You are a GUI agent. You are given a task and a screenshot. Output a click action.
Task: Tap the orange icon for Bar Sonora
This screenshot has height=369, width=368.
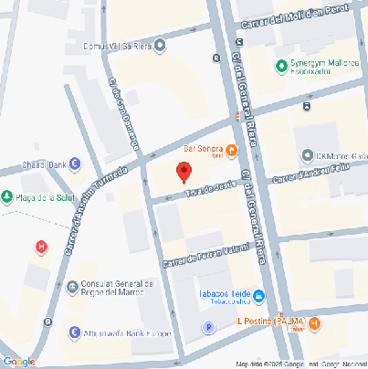(232, 151)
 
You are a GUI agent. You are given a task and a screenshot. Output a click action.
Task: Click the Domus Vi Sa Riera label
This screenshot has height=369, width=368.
(115, 43)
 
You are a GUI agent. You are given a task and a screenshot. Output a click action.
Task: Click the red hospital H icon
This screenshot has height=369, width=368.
(40, 247)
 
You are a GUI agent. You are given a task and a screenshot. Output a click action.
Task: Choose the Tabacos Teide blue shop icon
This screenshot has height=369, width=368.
(258, 294)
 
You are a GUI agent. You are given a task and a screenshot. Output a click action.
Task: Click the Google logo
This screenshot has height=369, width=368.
(18, 361)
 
